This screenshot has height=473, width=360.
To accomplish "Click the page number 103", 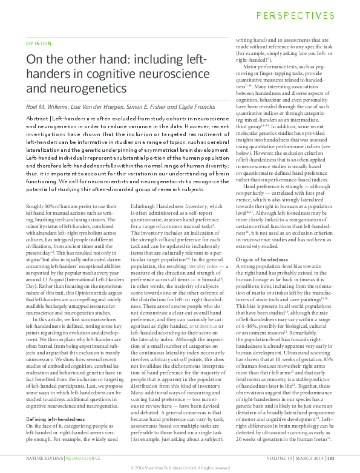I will click(x=348, y=459).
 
